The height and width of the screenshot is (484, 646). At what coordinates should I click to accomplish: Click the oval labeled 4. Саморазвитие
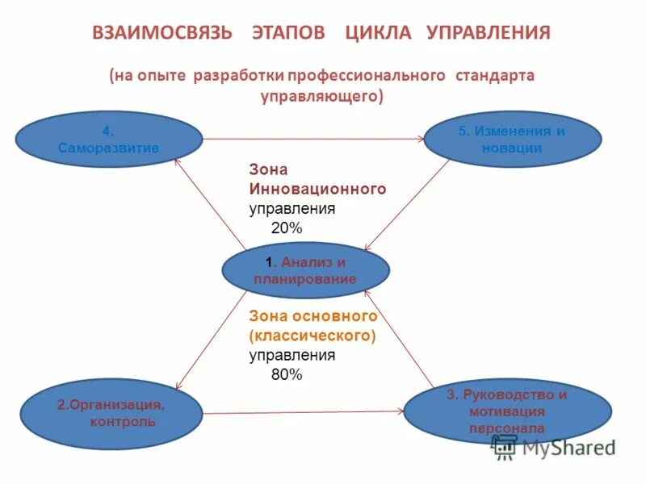(108, 140)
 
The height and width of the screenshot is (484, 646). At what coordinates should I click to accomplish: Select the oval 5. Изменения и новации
(512, 140)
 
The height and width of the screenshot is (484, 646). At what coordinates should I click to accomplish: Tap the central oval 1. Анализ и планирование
(305, 270)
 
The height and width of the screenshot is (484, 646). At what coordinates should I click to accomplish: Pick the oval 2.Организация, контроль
(110, 412)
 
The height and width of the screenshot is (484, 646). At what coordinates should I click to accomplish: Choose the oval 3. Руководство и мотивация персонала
(507, 411)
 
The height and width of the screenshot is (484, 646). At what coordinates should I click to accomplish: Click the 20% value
(286, 228)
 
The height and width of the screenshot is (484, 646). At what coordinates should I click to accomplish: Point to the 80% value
(286, 374)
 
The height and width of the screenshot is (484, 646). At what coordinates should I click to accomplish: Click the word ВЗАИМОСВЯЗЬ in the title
(162, 33)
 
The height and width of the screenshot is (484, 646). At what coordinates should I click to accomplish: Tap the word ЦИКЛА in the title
(378, 33)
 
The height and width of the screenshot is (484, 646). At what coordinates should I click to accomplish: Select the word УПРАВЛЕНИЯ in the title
(489, 33)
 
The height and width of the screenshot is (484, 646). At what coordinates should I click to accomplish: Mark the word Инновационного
(317, 189)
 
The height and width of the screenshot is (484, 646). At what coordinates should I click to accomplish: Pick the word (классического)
(313, 335)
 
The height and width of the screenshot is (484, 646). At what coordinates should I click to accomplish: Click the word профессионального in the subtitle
(374, 75)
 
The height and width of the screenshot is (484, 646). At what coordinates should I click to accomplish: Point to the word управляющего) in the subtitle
(322, 96)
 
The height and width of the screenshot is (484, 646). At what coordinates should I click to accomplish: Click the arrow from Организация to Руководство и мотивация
(303, 412)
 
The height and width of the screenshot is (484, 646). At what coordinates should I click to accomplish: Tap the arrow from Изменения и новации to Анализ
(409, 204)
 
